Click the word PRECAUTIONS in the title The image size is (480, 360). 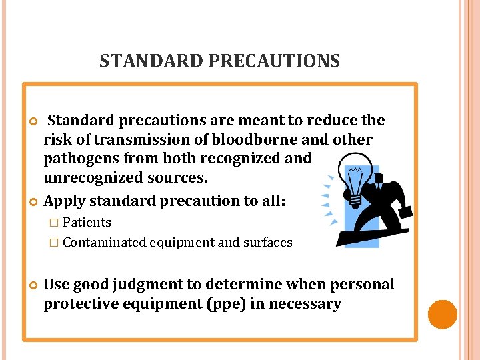pos(274,61)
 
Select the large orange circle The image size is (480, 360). pos(442,314)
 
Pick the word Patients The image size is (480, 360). pos(87,222)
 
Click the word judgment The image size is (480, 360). pos(145,285)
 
